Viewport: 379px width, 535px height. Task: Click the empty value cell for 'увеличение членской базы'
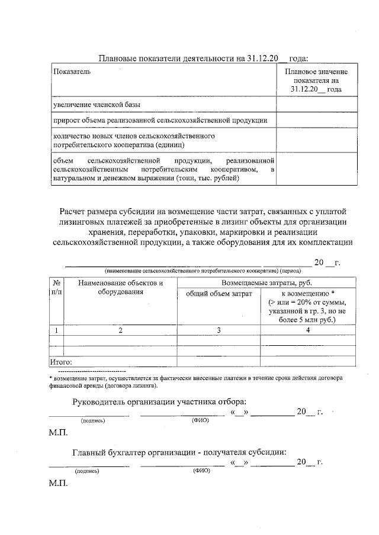pos(316,105)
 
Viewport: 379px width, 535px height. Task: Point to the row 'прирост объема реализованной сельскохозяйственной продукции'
pos(160,121)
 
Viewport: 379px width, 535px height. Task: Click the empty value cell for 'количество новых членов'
pos(316,140)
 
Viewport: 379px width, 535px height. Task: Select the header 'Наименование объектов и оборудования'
pos(120,288)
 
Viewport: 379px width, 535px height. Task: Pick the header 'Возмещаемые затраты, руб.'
pos(266,283)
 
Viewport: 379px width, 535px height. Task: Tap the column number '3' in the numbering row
pos(219,330)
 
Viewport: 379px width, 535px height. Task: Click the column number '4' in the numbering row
pos(307,330)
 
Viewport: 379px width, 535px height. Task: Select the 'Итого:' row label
pos(60,361)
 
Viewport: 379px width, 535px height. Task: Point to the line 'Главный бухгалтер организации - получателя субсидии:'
pos(179,452)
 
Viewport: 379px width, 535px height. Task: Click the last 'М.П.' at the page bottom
pos(58,482)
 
